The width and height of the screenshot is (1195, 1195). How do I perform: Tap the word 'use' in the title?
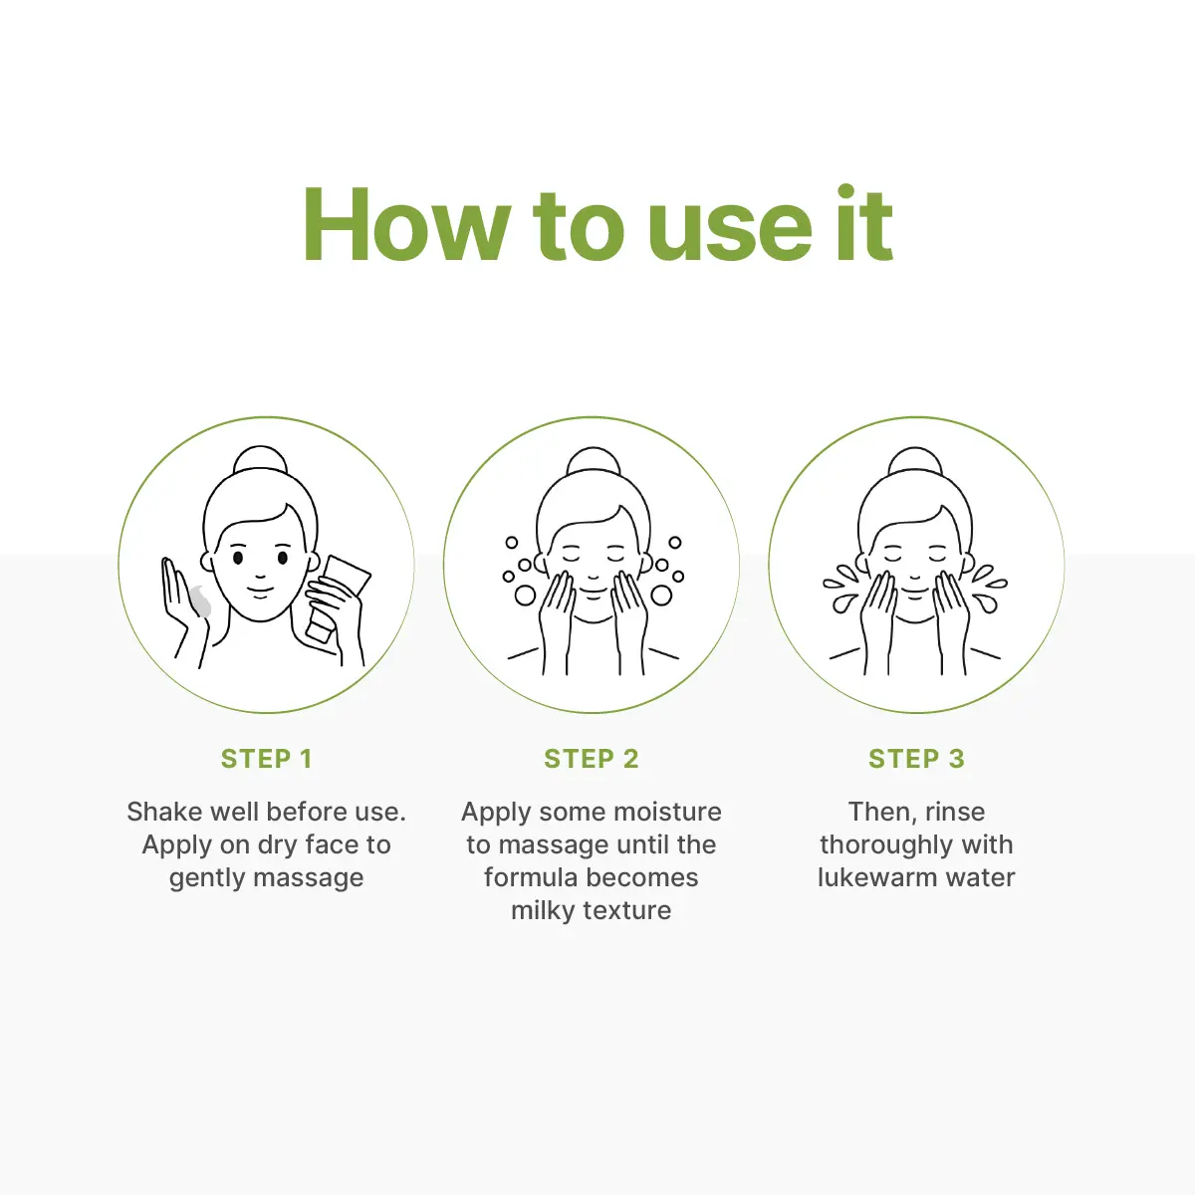[730, 233]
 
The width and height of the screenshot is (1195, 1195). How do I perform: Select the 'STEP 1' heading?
[267, 759]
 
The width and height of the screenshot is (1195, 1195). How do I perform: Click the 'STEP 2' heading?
[591, 759]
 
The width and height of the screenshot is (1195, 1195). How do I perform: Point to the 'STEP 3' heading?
[916, 759]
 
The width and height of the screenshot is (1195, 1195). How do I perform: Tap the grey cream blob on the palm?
[200, 600]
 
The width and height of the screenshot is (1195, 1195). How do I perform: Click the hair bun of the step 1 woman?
[261, 461]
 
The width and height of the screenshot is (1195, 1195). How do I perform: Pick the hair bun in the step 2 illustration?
[594, 462]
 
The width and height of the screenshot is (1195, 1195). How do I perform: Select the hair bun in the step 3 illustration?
[915, 462]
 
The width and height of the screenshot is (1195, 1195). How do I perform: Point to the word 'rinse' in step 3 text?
[955, 812]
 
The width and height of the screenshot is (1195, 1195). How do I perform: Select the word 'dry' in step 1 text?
[279, 845]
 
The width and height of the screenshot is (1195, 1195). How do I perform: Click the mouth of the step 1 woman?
[261, 591]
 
